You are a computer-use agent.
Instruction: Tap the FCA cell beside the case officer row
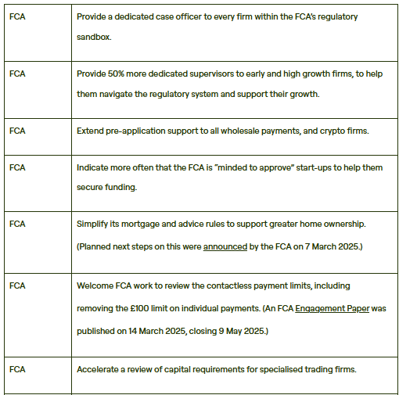tap(17, 17)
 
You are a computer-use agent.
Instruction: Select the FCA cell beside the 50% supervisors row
tap(17, 74)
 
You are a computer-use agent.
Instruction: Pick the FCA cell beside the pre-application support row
tap(17, 130)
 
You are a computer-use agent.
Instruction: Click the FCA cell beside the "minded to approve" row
tap(17, 167)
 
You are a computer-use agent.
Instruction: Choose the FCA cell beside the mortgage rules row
tap(17, 224)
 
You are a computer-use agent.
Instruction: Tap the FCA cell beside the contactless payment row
tap(17, 286)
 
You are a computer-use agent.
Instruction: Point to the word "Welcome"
tap(96, 286)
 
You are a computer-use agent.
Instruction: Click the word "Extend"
tap(91, 130)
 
